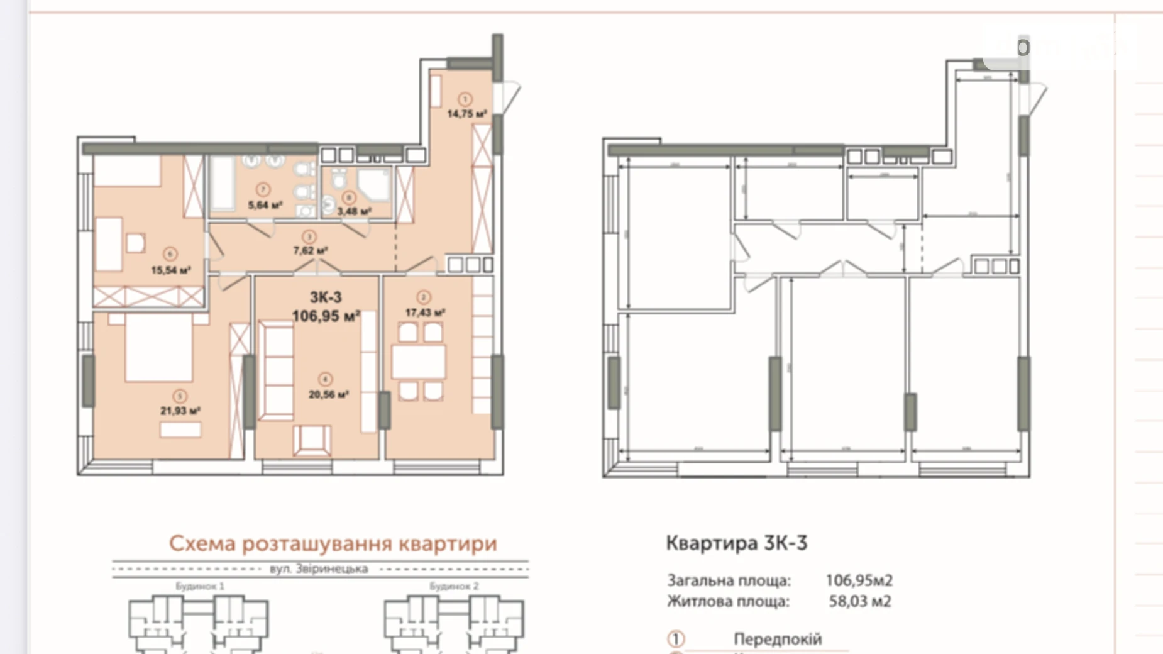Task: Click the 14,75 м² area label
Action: [x=466, y=114]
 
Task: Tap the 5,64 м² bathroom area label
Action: [x=265, y=205]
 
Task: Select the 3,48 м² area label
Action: [x=354, y=211]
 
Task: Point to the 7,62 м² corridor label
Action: [x=310, y=250]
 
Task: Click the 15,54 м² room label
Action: [x=170, y=270]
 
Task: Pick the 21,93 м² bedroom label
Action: [x=180, y=411]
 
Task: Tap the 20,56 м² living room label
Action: [x=328, y=395]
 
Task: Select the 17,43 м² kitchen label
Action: [x=425, y=313]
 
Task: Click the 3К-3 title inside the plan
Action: [x=326, y=297]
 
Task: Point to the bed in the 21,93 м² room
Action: [x=158, y=349]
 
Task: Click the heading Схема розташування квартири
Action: [x=333, y=543]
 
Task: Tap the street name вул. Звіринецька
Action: [x=319, y=568]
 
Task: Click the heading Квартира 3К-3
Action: [x=736, y=543]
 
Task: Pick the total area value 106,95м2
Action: [x=859, y=580]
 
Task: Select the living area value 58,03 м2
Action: [x=859, y=601]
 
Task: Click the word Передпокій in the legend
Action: [x=777, y=639]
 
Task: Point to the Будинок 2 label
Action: [x=454, y=586]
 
